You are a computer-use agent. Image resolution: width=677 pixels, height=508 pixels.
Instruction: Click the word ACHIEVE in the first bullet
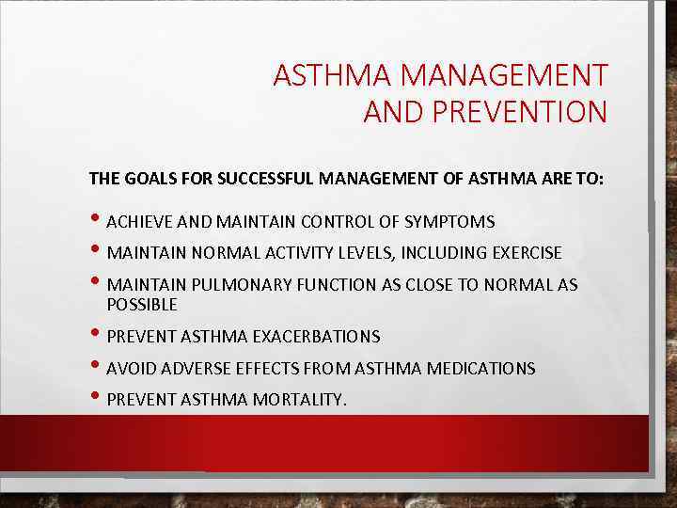click(139, 222)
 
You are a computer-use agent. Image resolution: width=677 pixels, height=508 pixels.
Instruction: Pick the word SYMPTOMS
click(449, 222)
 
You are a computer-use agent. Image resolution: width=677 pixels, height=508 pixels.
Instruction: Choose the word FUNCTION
click(330, 285)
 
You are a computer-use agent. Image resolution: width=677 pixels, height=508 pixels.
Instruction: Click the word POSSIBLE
click(142, 305)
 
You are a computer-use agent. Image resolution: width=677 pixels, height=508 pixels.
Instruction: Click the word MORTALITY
click(300, 401)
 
